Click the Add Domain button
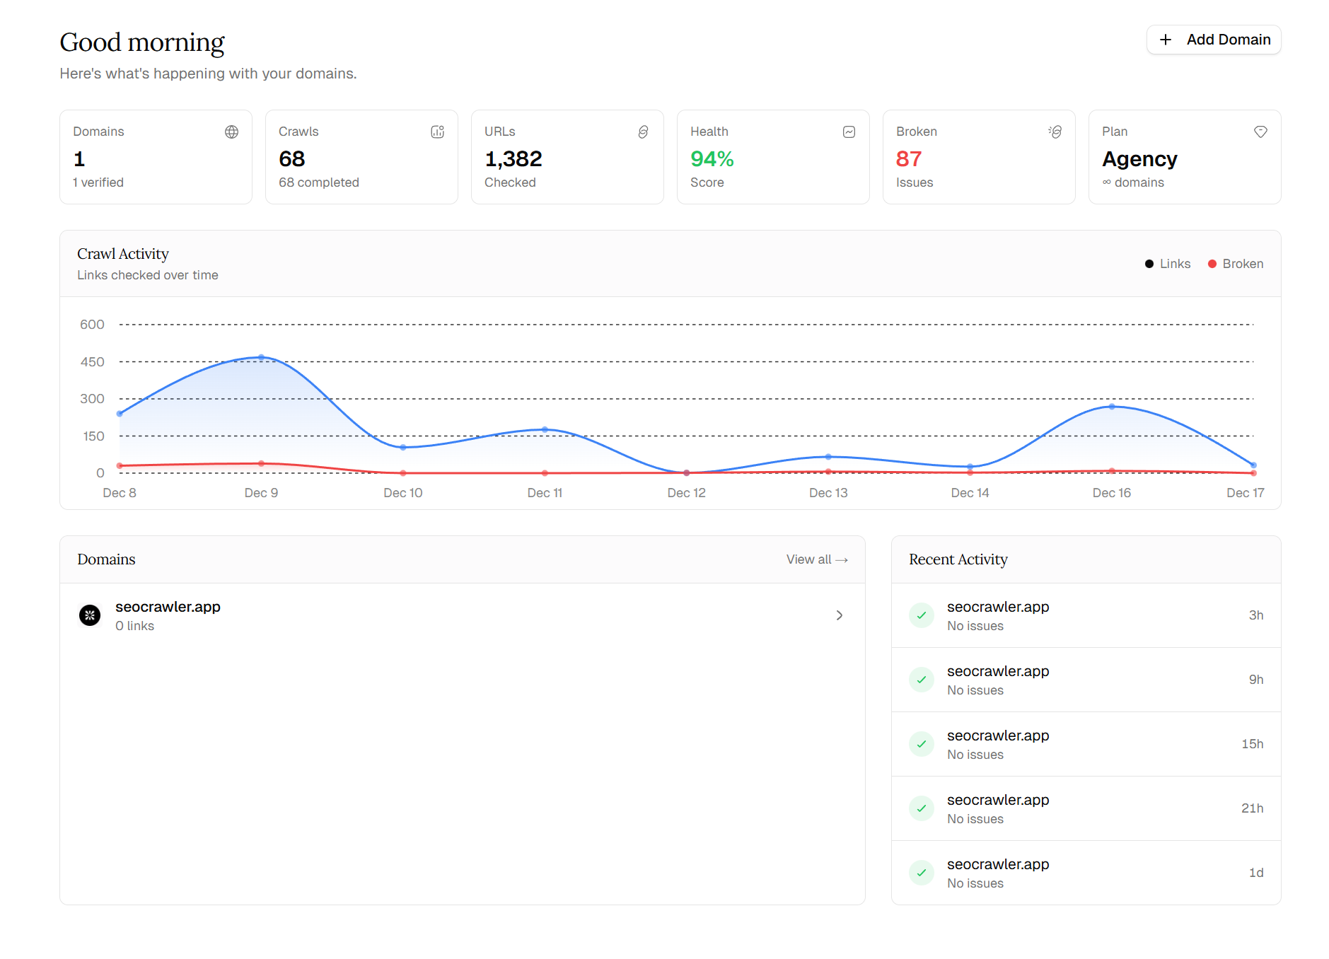(x=1214, y=40)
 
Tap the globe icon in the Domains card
(x=231, y=132)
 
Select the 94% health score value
(x=712, y=159)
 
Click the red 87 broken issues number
(x=908, y=159)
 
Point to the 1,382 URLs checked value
(x=513, y=159)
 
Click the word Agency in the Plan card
(x=1139, y=159)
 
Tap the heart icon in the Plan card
(x=1260, y=132)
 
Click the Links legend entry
(x=1168, y=264)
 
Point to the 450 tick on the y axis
(x=92, y=362)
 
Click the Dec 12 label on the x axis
(x=686, y=493)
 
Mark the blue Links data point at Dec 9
(x=261, y=358)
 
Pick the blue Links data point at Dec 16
(x=1112, y=407)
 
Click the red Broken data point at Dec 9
(x=261, y=463)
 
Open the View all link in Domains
(x=816, y=559)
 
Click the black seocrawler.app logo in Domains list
(x=90, y=615)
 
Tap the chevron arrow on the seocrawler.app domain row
(x=840, y=615)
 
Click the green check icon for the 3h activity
(x=922, y=615)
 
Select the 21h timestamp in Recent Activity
(x=1252, y=808)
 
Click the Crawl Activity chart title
(x=123, y=254)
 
